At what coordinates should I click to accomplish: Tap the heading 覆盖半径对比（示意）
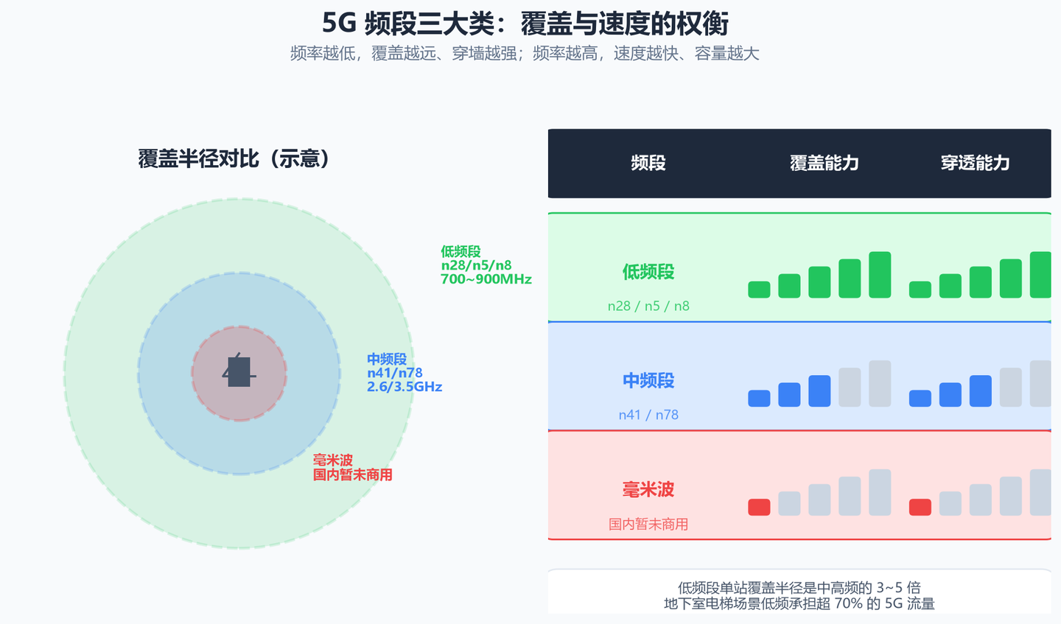[x=234, y=158]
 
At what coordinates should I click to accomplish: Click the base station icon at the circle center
[x=239, y=371]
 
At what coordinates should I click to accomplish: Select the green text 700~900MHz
[x=486, y=279]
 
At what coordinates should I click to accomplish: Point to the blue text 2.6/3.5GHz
[x=405, y=387]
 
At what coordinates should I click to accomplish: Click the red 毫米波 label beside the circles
[x=332, y=460]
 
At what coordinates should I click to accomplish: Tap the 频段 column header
[x=648, y=163]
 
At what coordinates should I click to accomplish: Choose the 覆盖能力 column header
[x=824, y=163]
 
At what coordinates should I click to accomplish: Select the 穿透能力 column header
[x=976, y=163]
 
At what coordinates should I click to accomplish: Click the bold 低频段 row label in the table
[x=648, y=272]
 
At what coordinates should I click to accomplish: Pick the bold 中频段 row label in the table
[x=648, y=381]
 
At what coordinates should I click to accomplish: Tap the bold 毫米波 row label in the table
[x=648, y=489]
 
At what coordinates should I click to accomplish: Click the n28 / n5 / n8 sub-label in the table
[x=648, y=306]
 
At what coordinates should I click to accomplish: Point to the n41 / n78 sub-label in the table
[x=648, y=416]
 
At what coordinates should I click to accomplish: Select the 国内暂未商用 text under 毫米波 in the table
[x=648, y=524]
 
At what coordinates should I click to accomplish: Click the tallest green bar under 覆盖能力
[x=880, y=275]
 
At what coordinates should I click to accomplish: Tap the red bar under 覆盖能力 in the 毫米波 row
[x=759, y=507]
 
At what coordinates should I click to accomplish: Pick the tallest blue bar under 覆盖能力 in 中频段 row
[x=819, y=391]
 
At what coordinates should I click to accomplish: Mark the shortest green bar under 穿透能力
[x=920, y=290]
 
